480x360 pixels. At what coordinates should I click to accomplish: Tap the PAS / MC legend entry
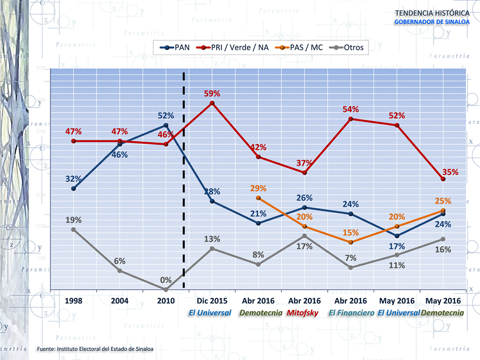point(301,48)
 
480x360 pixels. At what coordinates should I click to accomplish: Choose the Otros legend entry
point(348,48)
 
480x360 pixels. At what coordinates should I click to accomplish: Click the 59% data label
point(212,93)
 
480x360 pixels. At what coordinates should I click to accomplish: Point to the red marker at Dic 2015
point(212,103)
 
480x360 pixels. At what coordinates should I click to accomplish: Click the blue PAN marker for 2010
point(166,125)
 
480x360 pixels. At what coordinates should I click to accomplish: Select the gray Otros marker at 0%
point(166,289)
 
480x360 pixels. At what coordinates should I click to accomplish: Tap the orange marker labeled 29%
point(258,198)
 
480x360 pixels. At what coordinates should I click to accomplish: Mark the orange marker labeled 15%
point(351,242)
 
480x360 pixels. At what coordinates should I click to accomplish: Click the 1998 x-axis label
point(73,301)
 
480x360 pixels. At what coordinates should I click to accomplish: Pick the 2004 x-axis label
point(120,301)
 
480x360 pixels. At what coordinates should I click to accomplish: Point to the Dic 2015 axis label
point(212,301)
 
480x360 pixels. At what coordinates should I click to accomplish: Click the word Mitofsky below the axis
point(304,313)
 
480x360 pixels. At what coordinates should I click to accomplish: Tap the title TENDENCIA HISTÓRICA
point(432,12)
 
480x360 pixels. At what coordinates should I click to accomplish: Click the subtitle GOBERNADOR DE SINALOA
point(432,22)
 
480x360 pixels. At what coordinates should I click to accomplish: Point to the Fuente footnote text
point(95,348)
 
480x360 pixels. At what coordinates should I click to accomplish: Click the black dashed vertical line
point(184,200)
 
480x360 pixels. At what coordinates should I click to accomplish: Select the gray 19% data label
point(73,220)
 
